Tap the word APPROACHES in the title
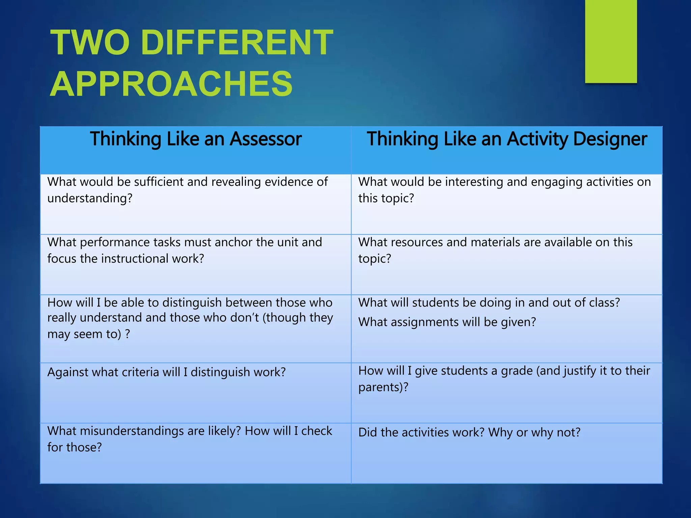tap(171, 84)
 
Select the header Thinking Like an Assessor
tap(196, 139)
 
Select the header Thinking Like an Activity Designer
tap(507, 139)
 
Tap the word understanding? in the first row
tap(90, 198)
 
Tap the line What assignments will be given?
tap(447, 322)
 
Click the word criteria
tap(135, 372)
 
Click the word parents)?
tap(383, 387)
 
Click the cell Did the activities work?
tap(469, 432)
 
